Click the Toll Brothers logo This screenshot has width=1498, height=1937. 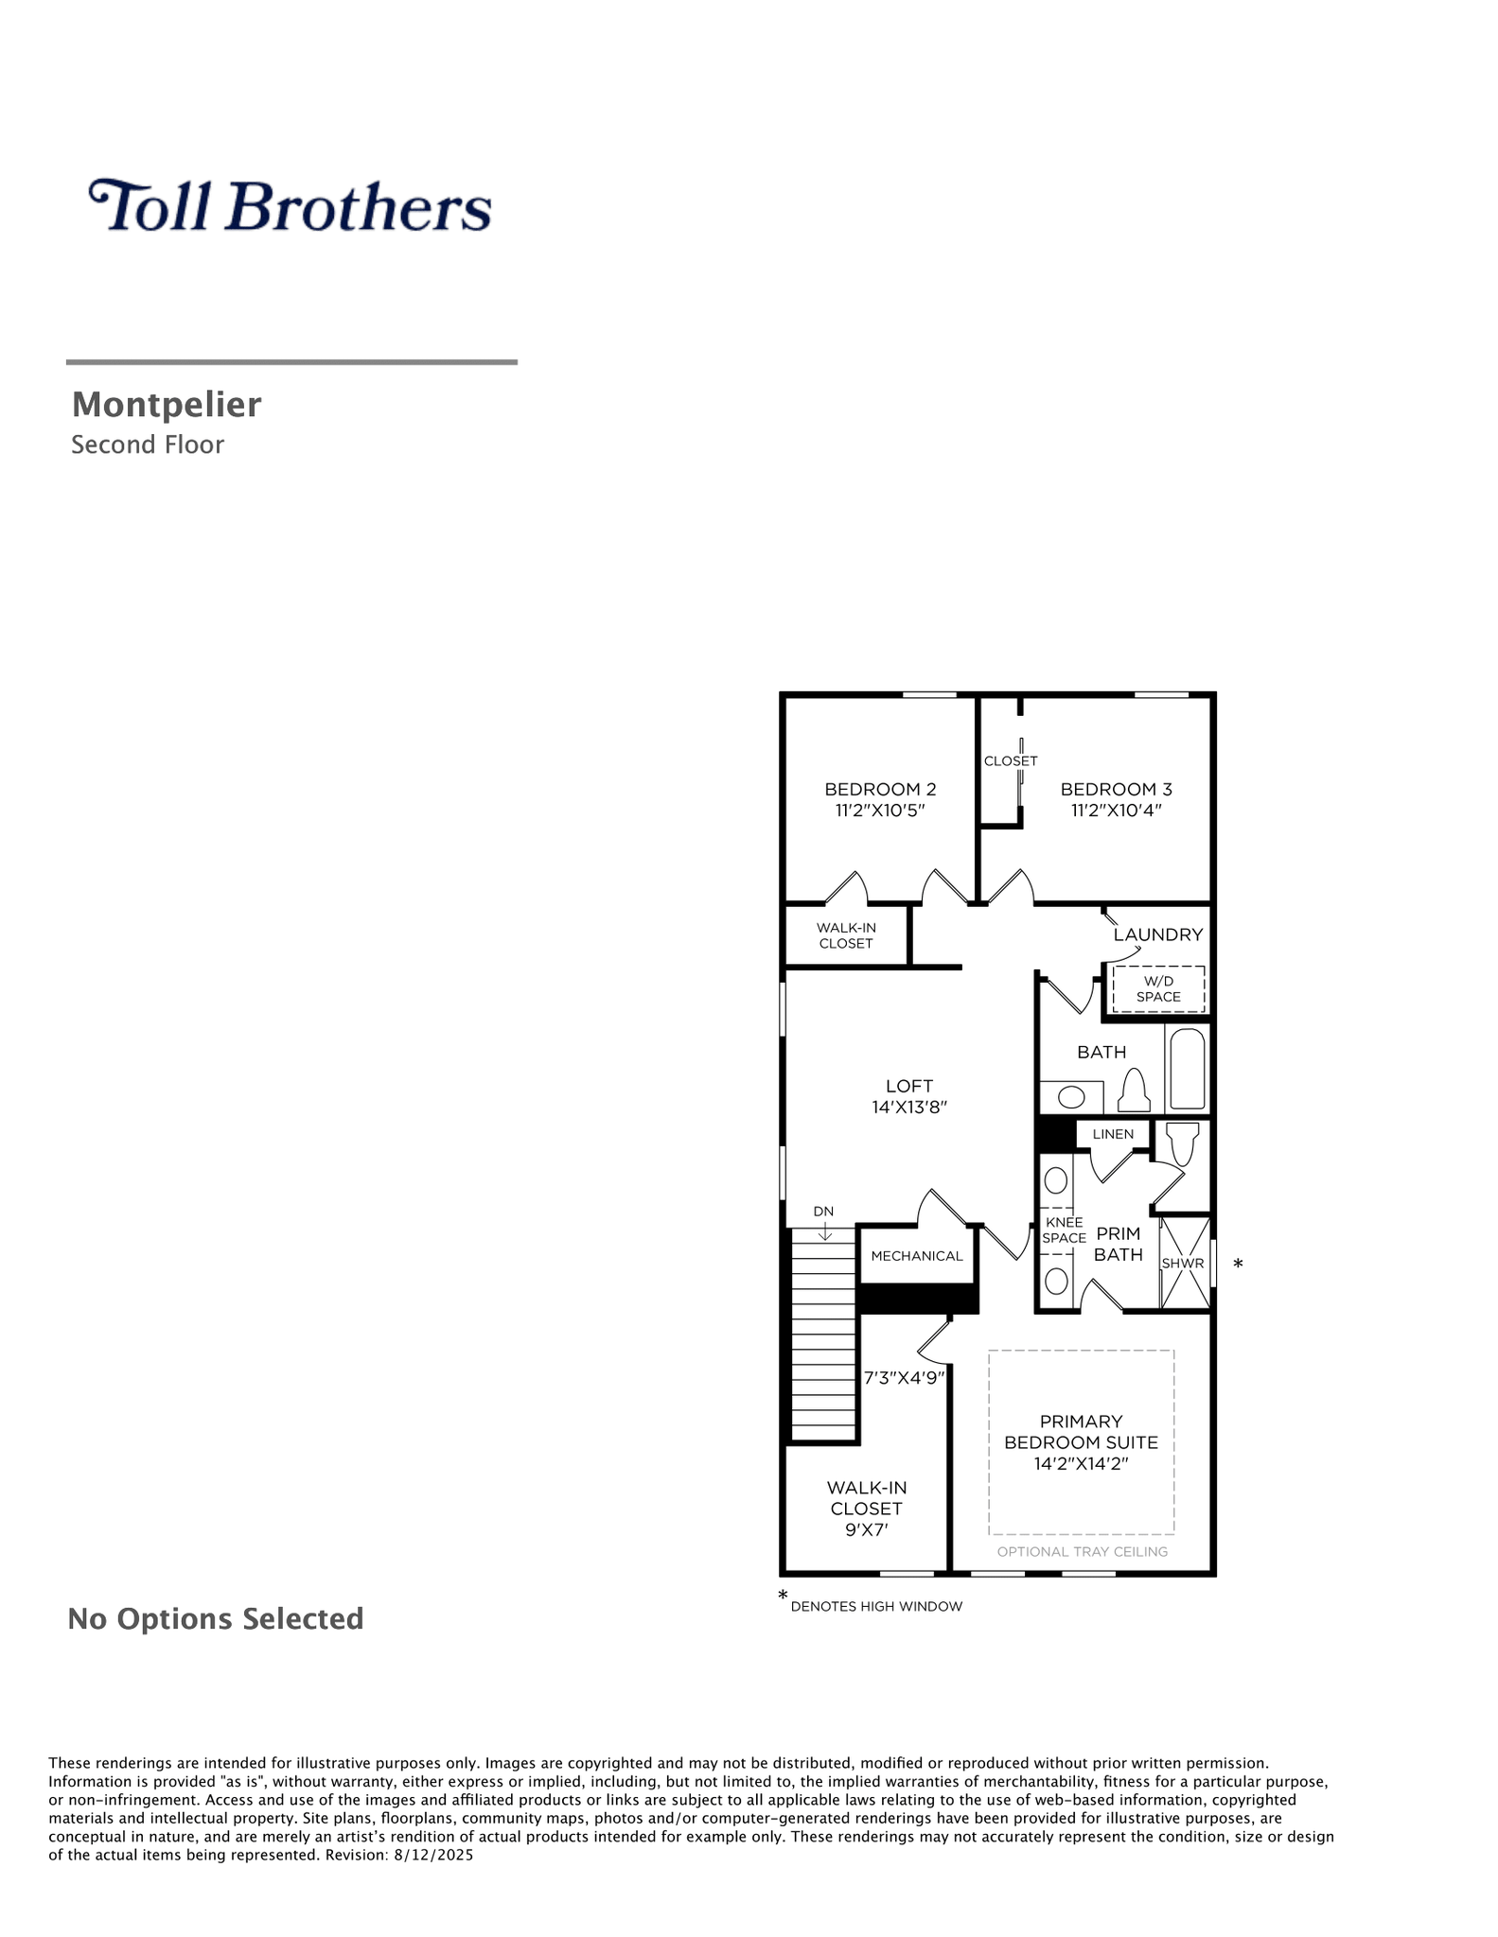point(290,205)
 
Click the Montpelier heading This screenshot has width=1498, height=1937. point(167,405)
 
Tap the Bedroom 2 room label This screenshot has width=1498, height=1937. point(880,789)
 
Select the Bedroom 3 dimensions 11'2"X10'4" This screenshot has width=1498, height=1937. point(1116,811)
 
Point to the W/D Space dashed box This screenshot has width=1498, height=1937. point(1158,989)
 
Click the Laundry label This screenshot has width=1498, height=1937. point(1158,934)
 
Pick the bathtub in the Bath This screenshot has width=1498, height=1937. point(1188,1069)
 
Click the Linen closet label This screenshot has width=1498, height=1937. point(1113,1134)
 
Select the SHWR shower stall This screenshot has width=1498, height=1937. point(1185,1263)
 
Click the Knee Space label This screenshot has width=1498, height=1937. point(1064,1230)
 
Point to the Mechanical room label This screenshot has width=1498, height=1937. point(917,1256)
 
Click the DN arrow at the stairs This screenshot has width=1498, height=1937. point(825,1231)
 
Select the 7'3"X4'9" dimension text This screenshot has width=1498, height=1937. point(905,1378)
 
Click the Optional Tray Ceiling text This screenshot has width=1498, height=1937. point(1083,1551)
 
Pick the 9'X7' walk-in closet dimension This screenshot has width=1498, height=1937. point(866,1529)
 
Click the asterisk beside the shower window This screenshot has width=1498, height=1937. point(1238,1264)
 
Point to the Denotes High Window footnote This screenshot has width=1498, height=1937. point(876,1606)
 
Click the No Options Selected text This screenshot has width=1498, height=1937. point(216,1618)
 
